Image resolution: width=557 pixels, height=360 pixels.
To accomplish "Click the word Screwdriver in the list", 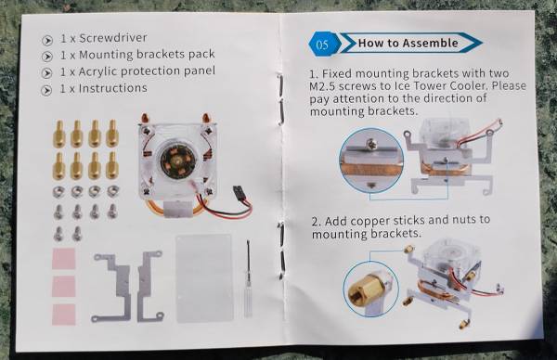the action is pos(112,38).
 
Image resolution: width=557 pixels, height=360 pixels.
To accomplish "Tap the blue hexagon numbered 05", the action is pos(322,45).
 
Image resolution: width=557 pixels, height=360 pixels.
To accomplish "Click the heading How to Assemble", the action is pos(408,43).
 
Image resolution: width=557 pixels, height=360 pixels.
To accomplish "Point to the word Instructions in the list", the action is pos(112,88).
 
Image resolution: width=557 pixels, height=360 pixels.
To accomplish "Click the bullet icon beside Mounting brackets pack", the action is pos(46,57).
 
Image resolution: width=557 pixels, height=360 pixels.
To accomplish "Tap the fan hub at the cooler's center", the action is pos(174,161).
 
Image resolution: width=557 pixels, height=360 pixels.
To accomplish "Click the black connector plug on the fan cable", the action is pos(239,192).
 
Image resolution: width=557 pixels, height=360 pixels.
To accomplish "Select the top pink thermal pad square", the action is pos(64,259).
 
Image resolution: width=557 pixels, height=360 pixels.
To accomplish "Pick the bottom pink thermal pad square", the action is pos(64,315).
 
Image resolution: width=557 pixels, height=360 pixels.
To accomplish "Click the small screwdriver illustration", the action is pos(248,278).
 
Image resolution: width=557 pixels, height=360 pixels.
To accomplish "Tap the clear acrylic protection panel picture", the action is pos(204,278).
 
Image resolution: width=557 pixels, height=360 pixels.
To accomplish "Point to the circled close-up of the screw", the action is pos(371,161).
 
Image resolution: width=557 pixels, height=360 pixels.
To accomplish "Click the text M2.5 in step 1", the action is pos(322,86).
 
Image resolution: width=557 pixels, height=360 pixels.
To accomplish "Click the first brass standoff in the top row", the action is pos(59,134).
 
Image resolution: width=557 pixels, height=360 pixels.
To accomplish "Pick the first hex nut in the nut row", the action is pos(58,192).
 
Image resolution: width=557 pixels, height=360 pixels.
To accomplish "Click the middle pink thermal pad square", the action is pos(64,287).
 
